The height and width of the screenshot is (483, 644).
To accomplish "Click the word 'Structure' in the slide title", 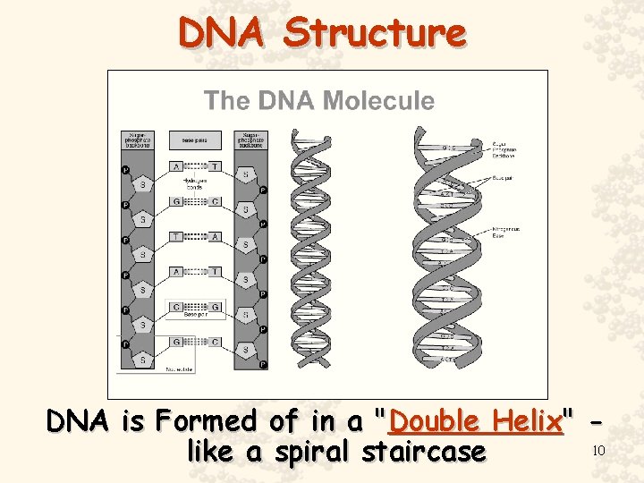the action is (375, 33).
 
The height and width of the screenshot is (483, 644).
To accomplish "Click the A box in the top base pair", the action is (177, 166).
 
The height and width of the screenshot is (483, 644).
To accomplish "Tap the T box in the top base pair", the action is (215, 166).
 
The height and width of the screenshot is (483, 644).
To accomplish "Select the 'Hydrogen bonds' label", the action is (196, 183).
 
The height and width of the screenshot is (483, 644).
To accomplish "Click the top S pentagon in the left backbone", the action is (141, 184).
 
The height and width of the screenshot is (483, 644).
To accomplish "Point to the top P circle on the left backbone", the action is (125, 170).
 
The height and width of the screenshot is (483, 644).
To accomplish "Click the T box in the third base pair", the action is (177, 236).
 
